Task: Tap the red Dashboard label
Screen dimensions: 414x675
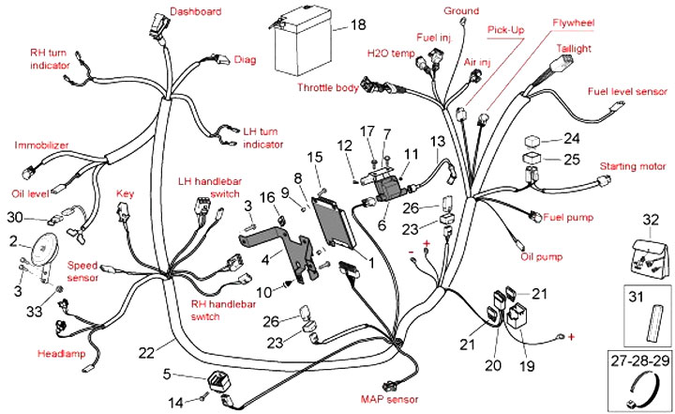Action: pyautogui.click(x=195, y=11)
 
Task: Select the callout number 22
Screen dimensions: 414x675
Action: pyautogui.click(x=146, y=352)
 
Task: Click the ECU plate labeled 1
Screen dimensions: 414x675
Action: pyautogui.click(x=337, y=227)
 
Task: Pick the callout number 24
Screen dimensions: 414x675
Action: pyautogui.click(x=573, y=137)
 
